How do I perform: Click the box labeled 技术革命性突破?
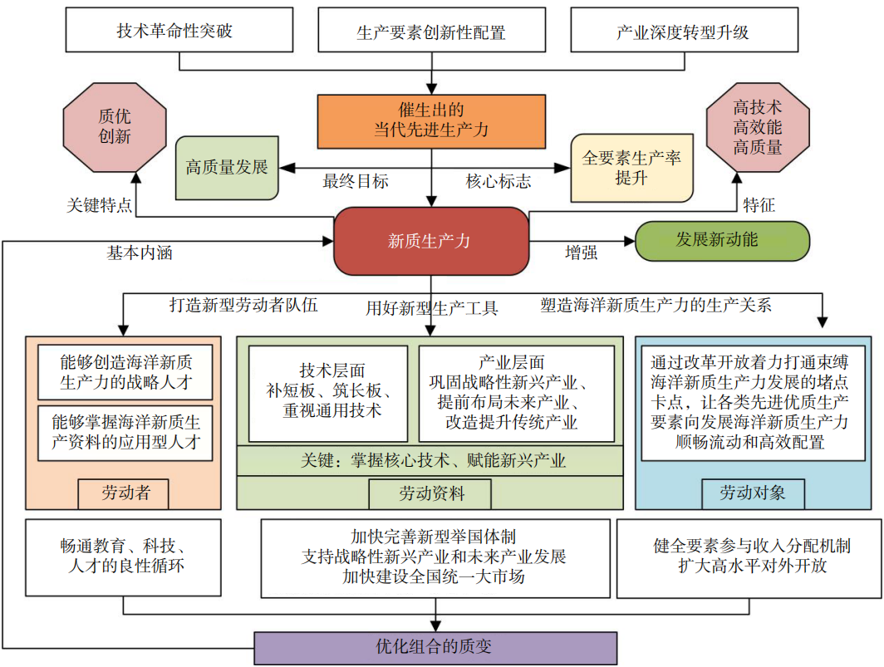tap(174, 32)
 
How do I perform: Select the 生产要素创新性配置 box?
tap(431, 32)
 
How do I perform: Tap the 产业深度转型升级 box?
tap(683, 32)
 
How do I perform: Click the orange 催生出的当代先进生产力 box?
tap(430, 120)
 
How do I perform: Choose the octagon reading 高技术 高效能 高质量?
tap(757, 127)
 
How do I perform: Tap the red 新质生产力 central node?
tap(430, 241)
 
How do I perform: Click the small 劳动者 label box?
tap(125, 493)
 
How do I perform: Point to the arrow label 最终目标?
tap(356, 181)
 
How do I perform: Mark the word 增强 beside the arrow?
tap(581, 253)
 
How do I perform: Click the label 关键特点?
tap(99, 205)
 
